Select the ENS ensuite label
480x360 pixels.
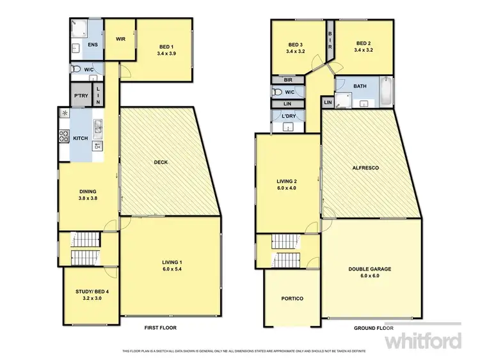[x=92, y=45]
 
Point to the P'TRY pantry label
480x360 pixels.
[x=81, y=96]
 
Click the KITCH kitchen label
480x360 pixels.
[x=81, y=138]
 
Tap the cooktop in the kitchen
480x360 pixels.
[x=65, y=136]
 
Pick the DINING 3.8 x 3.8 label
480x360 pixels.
[x=88, y=194]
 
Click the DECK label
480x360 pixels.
[x=161, y=162]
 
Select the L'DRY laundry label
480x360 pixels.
[x=287, y=116]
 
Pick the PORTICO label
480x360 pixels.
[x=291, y=299]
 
